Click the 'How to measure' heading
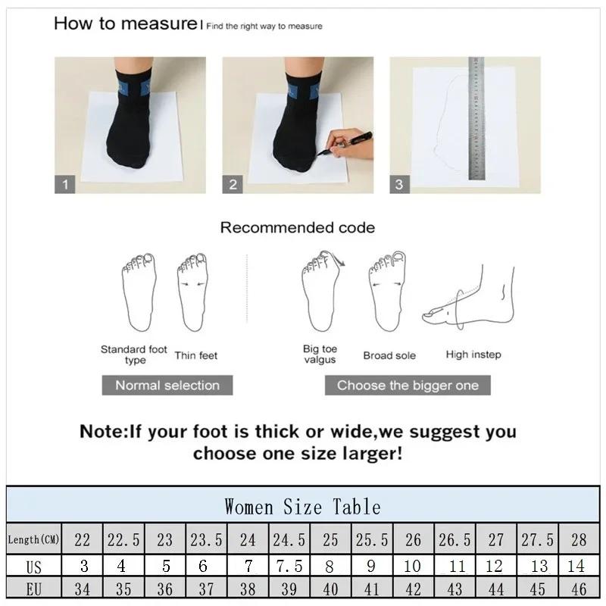[x=125, y=23]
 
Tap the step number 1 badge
[x=65, y=184]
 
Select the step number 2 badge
[x=233, y=184]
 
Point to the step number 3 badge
[x=399, y=184]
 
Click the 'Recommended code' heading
[x=297, y=227]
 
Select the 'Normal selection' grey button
[x=167, y=385]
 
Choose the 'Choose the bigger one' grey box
[x=408, y=385]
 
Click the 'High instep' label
[x=473, y=355]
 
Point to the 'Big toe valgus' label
[x=320, y=355]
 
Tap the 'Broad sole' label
[x=389, y=355]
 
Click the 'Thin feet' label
[x=196, y=355]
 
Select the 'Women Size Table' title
[x=302, y=506]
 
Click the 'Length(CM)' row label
[x=34, y=539]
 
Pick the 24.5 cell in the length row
[x=289, y=539]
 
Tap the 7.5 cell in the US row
[x=289, y=567]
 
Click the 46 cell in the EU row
[x=579, y=589]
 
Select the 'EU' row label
[x=34, y=589]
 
